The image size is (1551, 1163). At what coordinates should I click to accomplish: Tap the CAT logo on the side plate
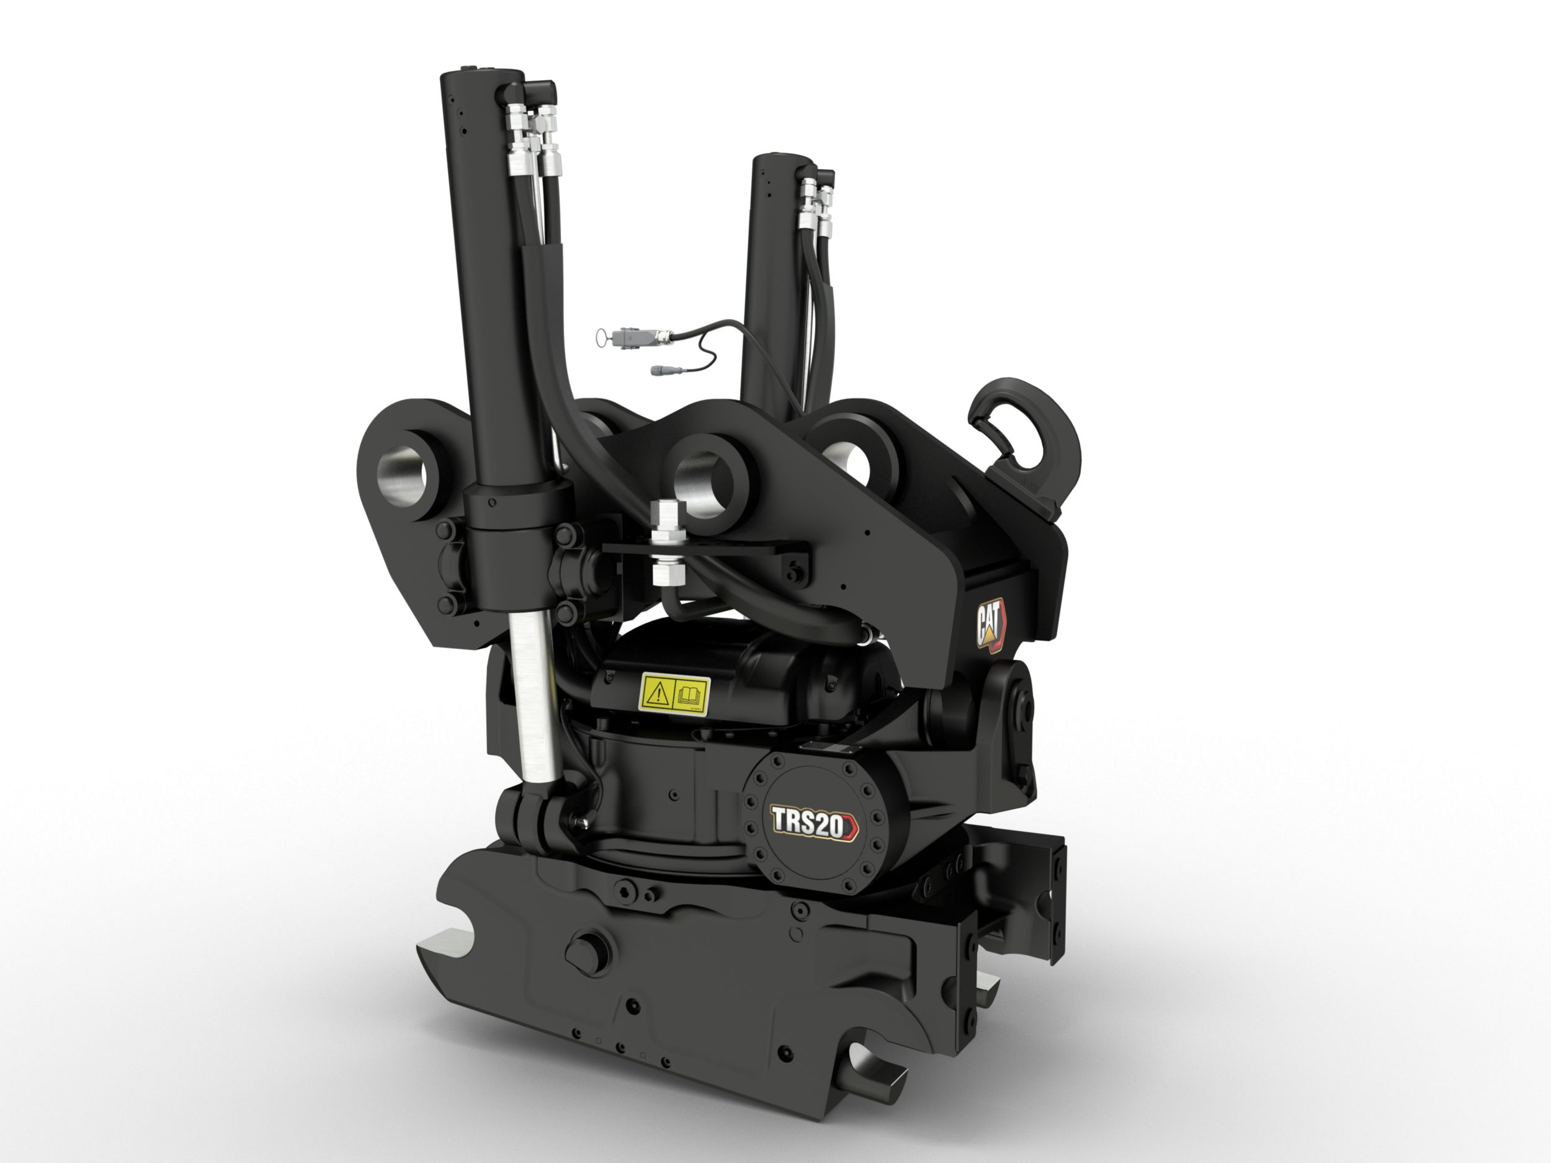[991, 625]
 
